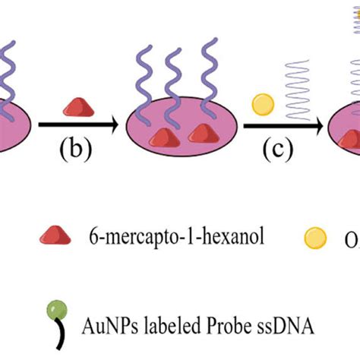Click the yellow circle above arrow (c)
[262, 102]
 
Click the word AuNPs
[104, 307]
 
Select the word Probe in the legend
[207, 307]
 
